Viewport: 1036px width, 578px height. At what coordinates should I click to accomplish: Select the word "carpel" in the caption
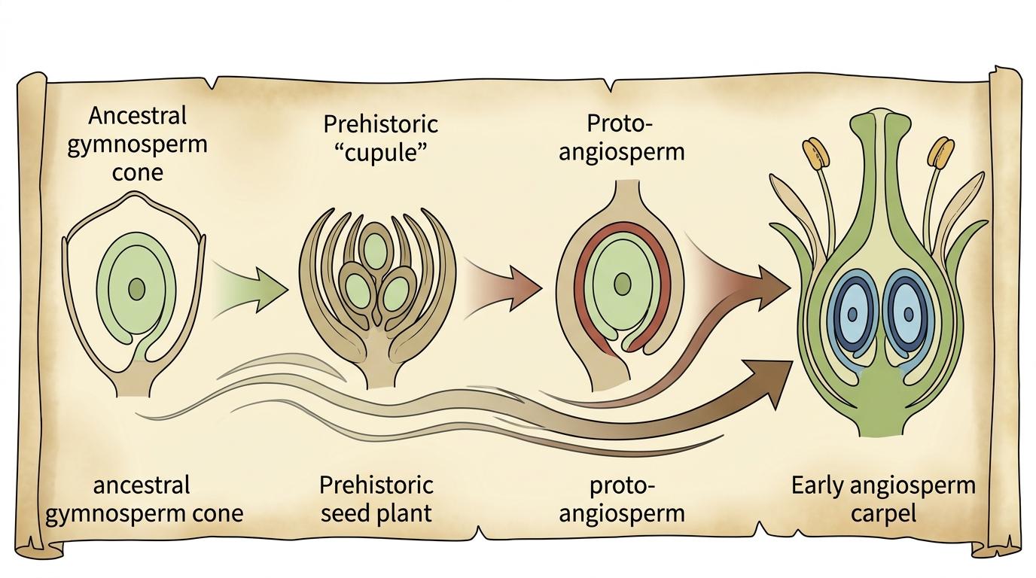click(x=883, y=513)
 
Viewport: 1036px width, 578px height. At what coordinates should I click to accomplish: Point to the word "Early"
click(x=821, y=485)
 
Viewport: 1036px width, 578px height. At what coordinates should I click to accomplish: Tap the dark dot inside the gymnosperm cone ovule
click(x=136, y=288)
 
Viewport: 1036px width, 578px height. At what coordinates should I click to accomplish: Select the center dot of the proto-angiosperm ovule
click(x=622, y=284)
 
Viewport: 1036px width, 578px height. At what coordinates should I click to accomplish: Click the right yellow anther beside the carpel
click(x=940, y=153)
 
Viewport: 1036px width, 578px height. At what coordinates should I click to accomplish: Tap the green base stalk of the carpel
click(x=882, y=418)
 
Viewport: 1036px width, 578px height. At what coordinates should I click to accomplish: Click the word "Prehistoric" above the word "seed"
click(x=376, y=485)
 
